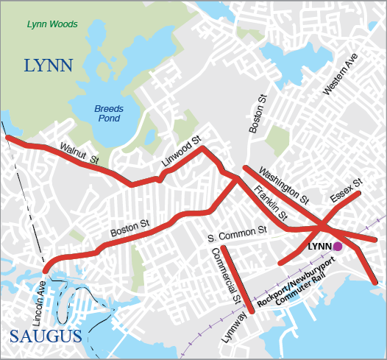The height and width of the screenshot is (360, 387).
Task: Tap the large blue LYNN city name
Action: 49,66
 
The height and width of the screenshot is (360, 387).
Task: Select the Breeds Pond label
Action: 108,113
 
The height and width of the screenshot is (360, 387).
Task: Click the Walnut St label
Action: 79,152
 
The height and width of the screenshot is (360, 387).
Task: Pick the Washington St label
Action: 284,183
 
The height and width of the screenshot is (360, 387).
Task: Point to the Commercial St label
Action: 226,275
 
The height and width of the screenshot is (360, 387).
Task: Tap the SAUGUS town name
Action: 46,337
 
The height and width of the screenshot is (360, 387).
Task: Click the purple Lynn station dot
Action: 337,247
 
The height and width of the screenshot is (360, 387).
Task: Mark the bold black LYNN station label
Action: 319,247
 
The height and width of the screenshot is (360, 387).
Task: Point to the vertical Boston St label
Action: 257,114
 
